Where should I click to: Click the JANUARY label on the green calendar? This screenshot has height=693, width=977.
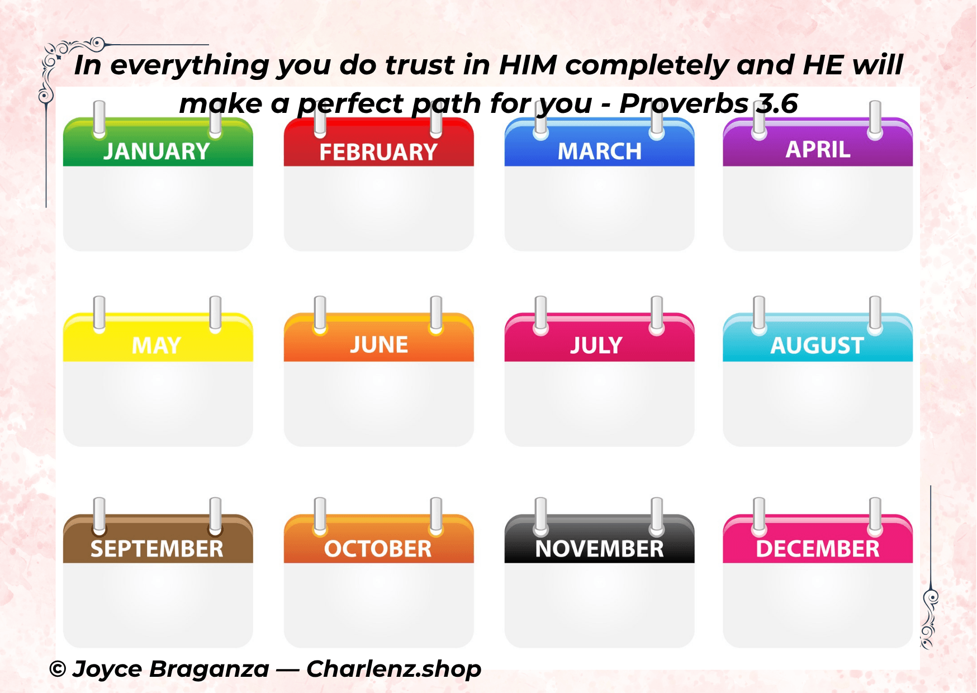click(156, 151)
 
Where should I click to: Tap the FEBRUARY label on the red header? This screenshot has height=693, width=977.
click(378, 152)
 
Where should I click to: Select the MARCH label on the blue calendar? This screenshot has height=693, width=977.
click(600, 151)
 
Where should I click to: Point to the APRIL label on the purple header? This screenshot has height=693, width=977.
click(818, 150)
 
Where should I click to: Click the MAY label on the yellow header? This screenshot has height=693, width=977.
click(156, 345)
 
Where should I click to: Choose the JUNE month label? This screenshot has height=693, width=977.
click(379, 345)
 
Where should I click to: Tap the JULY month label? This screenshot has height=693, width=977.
click(596, 345)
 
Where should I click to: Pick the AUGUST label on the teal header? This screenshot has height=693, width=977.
click(817, 345)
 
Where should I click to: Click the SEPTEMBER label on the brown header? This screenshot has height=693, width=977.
click(157, 549)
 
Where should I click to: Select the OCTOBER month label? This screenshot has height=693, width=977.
click(378, 549)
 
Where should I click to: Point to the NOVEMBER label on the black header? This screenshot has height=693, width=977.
click(600, 549)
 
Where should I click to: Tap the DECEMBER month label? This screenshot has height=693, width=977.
click(818, 549)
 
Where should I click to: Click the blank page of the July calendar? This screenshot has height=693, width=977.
click(599, 404)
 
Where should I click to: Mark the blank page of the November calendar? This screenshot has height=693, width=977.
click(599, 605)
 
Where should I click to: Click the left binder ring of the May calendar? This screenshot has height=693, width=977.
click(99, 315)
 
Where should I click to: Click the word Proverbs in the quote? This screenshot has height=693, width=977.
click(684, 103)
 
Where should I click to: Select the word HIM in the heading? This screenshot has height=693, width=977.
click(528, 65)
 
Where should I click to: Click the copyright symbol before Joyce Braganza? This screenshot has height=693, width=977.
click(58, 669)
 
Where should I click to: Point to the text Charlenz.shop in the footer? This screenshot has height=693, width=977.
click(393, 669)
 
